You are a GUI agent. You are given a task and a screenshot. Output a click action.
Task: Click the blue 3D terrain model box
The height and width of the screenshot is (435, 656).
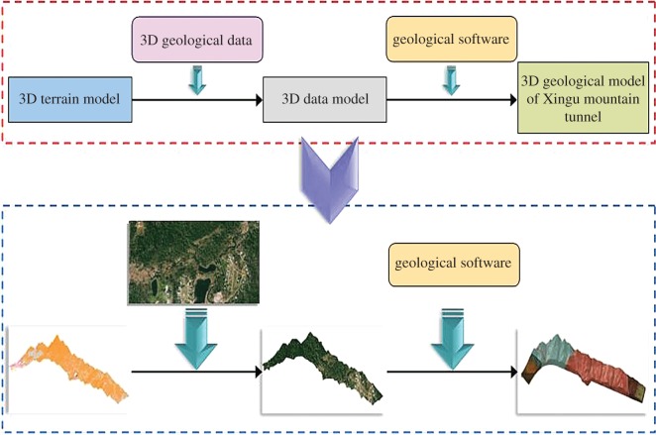point(69,100)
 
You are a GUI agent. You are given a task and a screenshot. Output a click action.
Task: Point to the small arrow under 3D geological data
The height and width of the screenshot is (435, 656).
point(198,80)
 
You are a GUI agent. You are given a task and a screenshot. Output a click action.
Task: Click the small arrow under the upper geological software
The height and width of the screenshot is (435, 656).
point(451,80)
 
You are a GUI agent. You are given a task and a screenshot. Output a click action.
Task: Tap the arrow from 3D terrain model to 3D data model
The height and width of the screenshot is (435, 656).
point(196,100)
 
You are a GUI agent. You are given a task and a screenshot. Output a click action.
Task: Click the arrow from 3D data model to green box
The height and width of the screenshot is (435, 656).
point(441,100)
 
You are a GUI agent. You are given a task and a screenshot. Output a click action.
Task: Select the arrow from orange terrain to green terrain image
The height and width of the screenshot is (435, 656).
point(196,374)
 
